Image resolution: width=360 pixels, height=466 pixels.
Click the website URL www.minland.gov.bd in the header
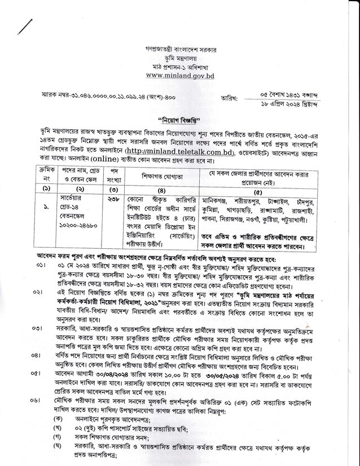point(181,75)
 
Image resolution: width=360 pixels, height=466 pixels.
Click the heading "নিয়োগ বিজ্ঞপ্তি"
point(180,120)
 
